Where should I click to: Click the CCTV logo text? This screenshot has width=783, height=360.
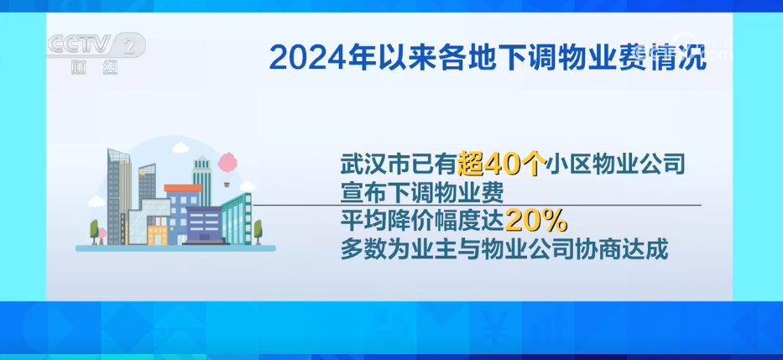pos(80,44)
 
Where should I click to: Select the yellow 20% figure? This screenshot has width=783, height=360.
pos(535,221)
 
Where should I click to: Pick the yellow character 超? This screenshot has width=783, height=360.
pos(471,164)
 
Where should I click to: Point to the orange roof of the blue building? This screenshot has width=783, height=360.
pos(183,188)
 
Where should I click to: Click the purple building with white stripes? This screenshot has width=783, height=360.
pos(204,225)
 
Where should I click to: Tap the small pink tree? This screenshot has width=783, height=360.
pos(102,235)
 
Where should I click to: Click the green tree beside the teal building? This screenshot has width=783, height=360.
pos(258,232)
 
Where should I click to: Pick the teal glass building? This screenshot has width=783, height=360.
pos(237,219)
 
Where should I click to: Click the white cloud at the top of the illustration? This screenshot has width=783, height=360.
pos(180,148)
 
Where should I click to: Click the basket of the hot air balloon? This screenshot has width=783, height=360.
pos(227,185)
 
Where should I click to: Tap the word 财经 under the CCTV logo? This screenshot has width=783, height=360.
pos(95,67)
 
